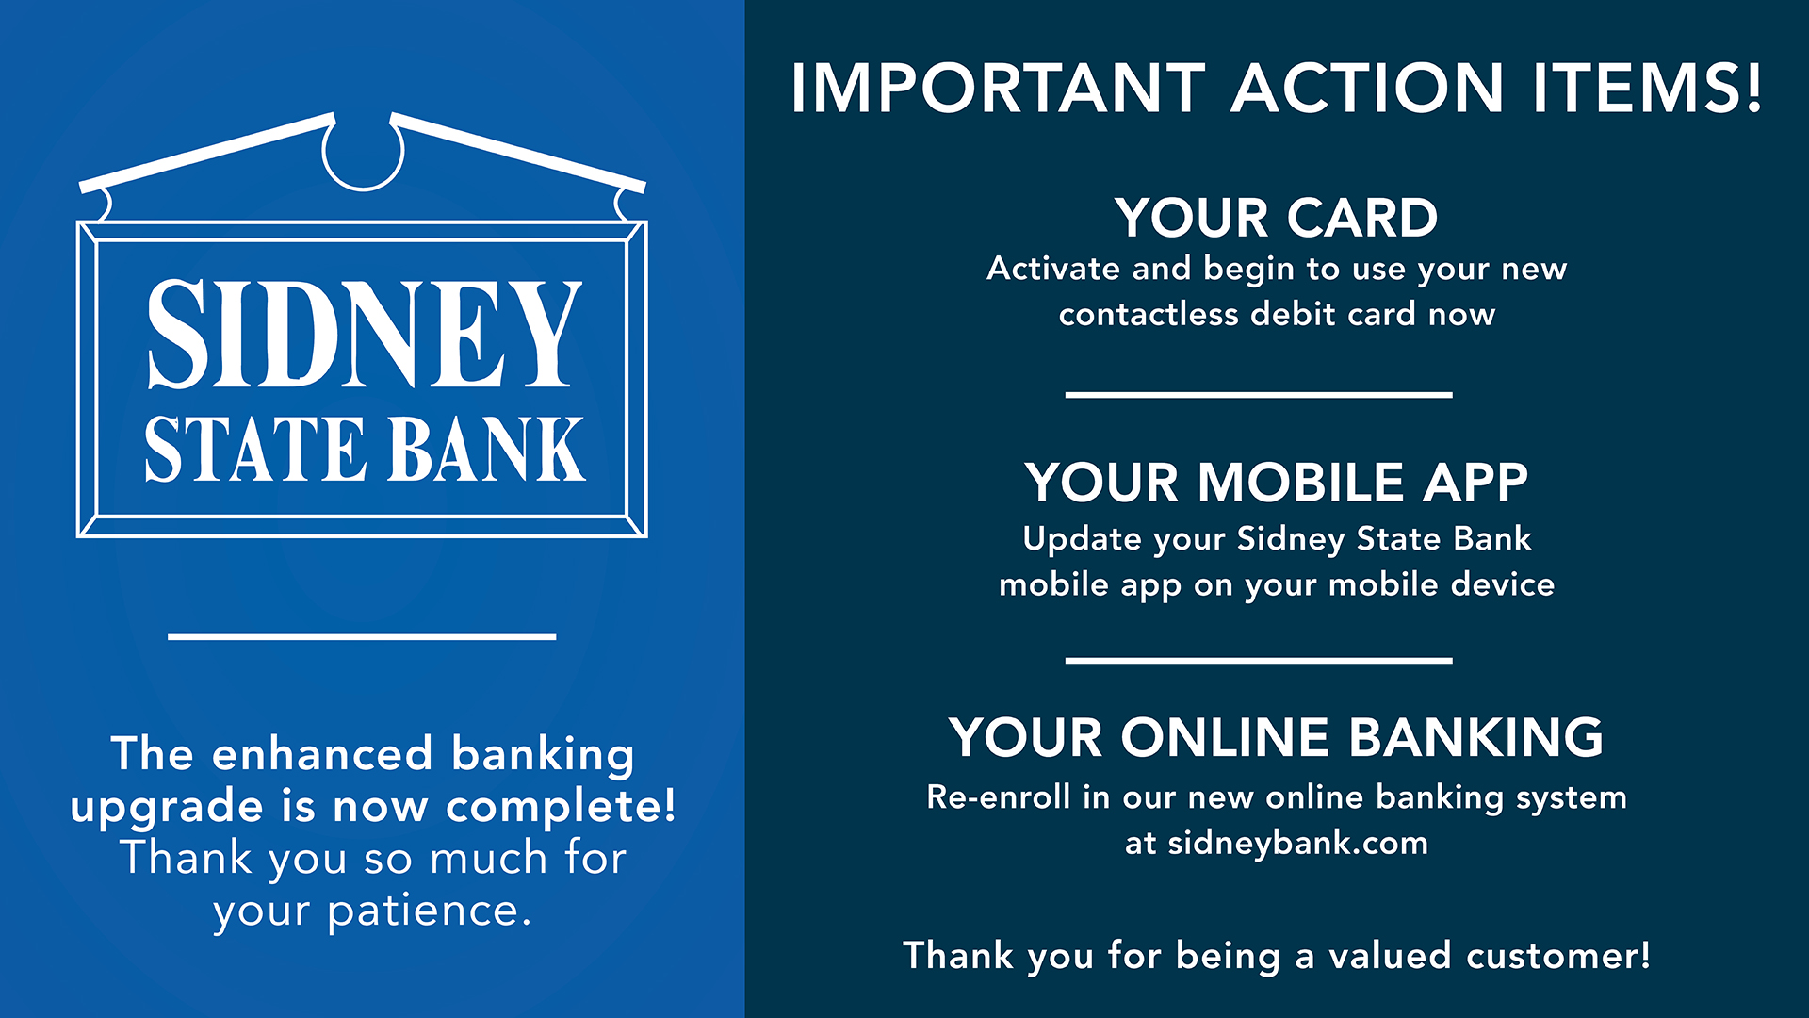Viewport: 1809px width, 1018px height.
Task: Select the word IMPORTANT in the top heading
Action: point(999,89)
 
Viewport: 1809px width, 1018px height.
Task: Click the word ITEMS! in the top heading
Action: point(1647,89)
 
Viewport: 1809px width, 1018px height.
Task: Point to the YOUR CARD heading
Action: point(1277,218)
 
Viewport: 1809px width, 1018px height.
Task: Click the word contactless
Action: point(1148,314)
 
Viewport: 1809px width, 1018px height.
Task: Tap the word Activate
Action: point(1053,269)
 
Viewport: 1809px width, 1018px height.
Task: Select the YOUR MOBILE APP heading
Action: point(1277,483)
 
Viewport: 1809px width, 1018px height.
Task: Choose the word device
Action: point(1503,584)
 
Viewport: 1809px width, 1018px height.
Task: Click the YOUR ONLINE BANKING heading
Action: point(1277,737)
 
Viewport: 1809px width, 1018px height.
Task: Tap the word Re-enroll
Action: point(999,797)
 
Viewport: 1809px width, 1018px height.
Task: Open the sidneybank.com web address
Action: point(1297,844)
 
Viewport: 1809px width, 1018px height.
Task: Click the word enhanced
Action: point(321,754)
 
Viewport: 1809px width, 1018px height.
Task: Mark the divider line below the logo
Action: point(362,637)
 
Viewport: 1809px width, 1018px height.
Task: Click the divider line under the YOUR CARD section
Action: point(1259,395)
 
